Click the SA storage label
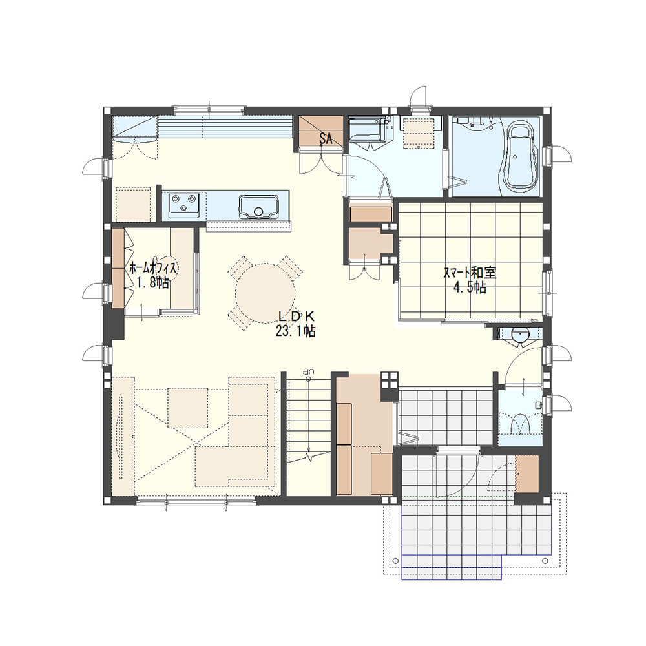(x=326, y=138)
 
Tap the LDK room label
(x=297, y=317)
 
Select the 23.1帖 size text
(x=296, y=331)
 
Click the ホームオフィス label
(x=153, y=268)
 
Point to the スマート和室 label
(x=470, y=273)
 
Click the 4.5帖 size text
(x=470, y=287)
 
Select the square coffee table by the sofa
(x=187, y=408)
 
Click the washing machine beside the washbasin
(x=419, y=132)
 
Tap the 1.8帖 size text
(x=153, y=283)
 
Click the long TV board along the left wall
(x=123, y=436)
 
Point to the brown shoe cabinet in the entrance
(x=527, y=474)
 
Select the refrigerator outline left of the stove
(x=132, y=204)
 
